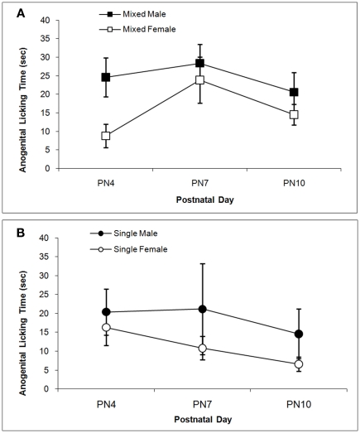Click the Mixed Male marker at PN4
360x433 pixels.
pyautogui.click(x=106, y=77)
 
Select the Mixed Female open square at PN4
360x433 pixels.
pyautogui.click(x=106, y=136)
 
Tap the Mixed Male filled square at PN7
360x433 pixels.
pyautogui.click(x=199, y=63)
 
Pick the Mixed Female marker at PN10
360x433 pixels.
pyautogui.click(x=293, y=114)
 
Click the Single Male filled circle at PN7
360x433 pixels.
pyautogui.click(x=199, y=309)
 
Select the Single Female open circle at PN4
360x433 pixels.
pyautogui.click(x=106, y=328)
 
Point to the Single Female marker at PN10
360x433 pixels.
pyautogui.click(x=293, y=364)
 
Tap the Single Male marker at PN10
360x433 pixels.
pyautogui.click(x=293, y=334)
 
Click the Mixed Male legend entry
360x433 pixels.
pyautogui.click(x=121, y=15)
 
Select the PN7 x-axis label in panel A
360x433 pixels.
pyautogui.click(x=199, y=183)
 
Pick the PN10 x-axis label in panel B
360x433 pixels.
pyautogui.click(x=293, y=403)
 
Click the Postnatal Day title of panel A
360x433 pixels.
pyautogui.click(x=199, y=200)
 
